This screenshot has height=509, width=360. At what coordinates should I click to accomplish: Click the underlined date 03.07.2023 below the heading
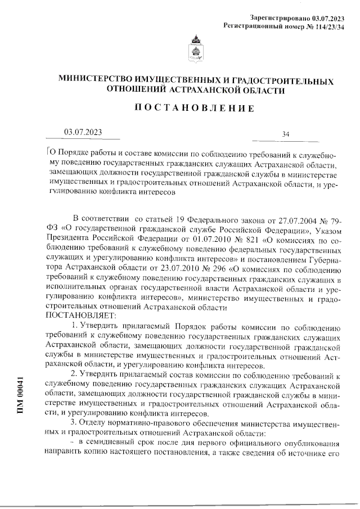pos(83,132)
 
